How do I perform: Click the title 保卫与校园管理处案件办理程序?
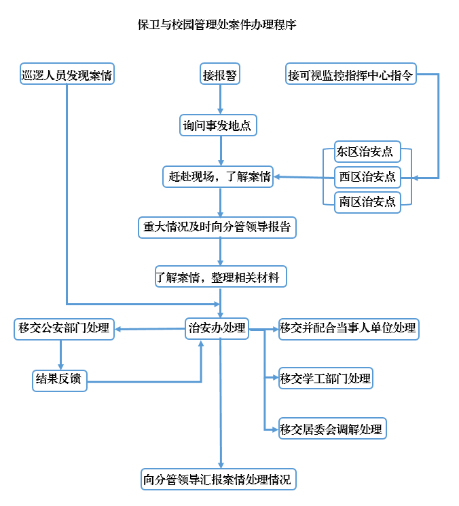[x=217, y=25]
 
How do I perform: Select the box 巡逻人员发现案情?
[x=67, y=75]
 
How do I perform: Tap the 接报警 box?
[x=220, y=75]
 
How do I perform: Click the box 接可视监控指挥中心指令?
[x=350, y=75]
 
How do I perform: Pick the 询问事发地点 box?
[x=219, y=125]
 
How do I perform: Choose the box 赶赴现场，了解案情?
[x=219, y=176]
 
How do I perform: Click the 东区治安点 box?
[x=367, y=151]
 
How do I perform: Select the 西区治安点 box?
[x=367, y=176]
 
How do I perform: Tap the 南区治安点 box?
[x=367, y=201]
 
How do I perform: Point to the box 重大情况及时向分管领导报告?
[x=217, y=227]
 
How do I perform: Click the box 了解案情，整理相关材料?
[x=221, y=277]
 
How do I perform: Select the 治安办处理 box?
[x=217, y=328]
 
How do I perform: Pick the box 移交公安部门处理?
[x=64, y=329]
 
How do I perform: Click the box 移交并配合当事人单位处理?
[x=348, y=328]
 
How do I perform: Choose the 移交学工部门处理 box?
[x=326, y=378]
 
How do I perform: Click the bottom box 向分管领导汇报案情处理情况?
[x=219, y=480]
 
